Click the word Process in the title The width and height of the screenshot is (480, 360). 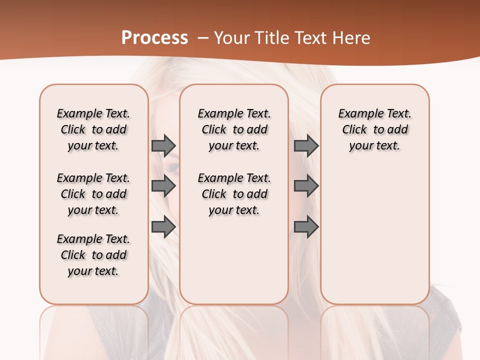coord(154,38)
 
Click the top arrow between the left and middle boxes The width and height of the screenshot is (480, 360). coord(163,145)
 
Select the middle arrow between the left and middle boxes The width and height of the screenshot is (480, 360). coord(163,186)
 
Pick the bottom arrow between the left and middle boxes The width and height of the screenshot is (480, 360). coord(163,227)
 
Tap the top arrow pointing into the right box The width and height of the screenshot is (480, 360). coord(306,145)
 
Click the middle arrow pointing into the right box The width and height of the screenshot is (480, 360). coord(306,186)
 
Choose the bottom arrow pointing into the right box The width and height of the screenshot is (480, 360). coord(306,227)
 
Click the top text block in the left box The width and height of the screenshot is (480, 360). coord(93,129)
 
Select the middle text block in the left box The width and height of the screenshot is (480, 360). coord(93,194)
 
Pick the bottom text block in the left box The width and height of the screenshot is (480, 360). coord(93,255)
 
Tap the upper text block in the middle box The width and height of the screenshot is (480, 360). coord(234,129)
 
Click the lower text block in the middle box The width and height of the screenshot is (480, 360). coord(234,194)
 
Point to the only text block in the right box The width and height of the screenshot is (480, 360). coord(375,129)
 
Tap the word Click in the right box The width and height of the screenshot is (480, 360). coord(354,130)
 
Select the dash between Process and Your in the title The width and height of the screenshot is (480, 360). coord(203,38)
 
